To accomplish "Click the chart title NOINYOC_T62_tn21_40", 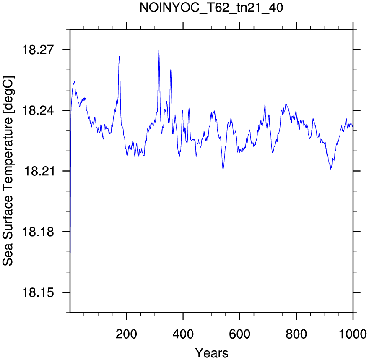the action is (x=211, y=8).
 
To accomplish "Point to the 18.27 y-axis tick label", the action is (x=38, y=50).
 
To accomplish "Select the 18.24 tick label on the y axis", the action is (x=38, y=110).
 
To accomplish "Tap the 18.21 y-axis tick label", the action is (x=39, y=171).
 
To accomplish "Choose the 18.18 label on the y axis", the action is (x=38, y=232).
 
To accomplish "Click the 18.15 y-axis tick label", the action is (x=38, y=293).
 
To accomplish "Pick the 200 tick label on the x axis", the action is (x=126, y=334).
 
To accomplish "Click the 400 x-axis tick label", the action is (x=183, y=334).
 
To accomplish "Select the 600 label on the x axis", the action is (x=239, y=334).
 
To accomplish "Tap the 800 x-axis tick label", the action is (x=296, y=334).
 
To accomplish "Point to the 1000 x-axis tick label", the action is (x=353, y=334).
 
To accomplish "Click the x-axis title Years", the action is (x=212, y=353).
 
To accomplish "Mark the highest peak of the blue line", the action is (x=159, y=50).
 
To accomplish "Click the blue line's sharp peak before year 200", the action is (x=120, y=56).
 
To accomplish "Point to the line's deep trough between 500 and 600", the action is (x=223, y=170).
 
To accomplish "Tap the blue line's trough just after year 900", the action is (x=331, y=169).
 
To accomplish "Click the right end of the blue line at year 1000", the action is (x=353, y=126).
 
